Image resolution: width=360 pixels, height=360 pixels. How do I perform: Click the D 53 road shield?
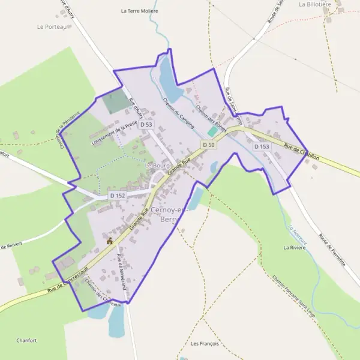point(146,124)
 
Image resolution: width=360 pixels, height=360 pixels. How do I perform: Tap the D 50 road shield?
point(208,145)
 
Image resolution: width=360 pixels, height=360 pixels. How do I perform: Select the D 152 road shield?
point(118,196)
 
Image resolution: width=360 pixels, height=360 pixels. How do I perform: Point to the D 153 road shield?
point(261,146)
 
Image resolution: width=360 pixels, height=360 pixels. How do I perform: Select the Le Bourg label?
point(158,164)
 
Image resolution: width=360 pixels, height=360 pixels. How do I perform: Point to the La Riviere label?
point(295,247)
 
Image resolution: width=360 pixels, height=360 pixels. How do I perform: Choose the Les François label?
point(205,344)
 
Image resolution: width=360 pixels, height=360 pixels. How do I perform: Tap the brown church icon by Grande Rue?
point(110,241)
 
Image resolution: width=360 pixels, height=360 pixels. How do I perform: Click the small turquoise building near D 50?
point(212,131)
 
